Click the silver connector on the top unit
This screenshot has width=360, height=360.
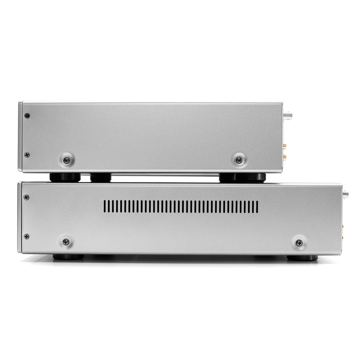click(x=289, y=114)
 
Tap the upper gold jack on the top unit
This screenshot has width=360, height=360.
click(x=285, y=145)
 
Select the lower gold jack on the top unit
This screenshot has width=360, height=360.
click(x=285, y=157)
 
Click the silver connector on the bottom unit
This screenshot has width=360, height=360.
click(x=346, y=193)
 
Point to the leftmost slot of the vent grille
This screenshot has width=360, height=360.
click(x=105, y=207)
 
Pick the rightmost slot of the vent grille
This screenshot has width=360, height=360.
click(x=257, y=207)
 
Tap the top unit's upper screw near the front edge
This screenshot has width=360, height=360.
click(x=27, y=116)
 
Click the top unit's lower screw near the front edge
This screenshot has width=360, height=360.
click(x=27, y=155)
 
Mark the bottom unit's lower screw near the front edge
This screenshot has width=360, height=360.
click(x=26, y=236)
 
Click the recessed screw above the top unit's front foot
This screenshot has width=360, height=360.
click(x=66, y=160)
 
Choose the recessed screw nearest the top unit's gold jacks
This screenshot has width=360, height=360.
click(x=239, y=160)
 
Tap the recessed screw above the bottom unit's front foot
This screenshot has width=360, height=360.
click(x=66, y=242)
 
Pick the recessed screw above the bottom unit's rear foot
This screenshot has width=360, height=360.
click(x=299, y=243)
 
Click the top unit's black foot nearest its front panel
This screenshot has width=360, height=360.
click(x=65, y=177)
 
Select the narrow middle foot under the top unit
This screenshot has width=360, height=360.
click(x=101, y=178)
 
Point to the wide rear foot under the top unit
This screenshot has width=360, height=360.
click(x=243, y=177)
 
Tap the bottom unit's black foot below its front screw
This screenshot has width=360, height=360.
click(x=68, y=257)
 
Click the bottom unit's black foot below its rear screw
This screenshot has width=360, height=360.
click(x=302, y=258)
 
